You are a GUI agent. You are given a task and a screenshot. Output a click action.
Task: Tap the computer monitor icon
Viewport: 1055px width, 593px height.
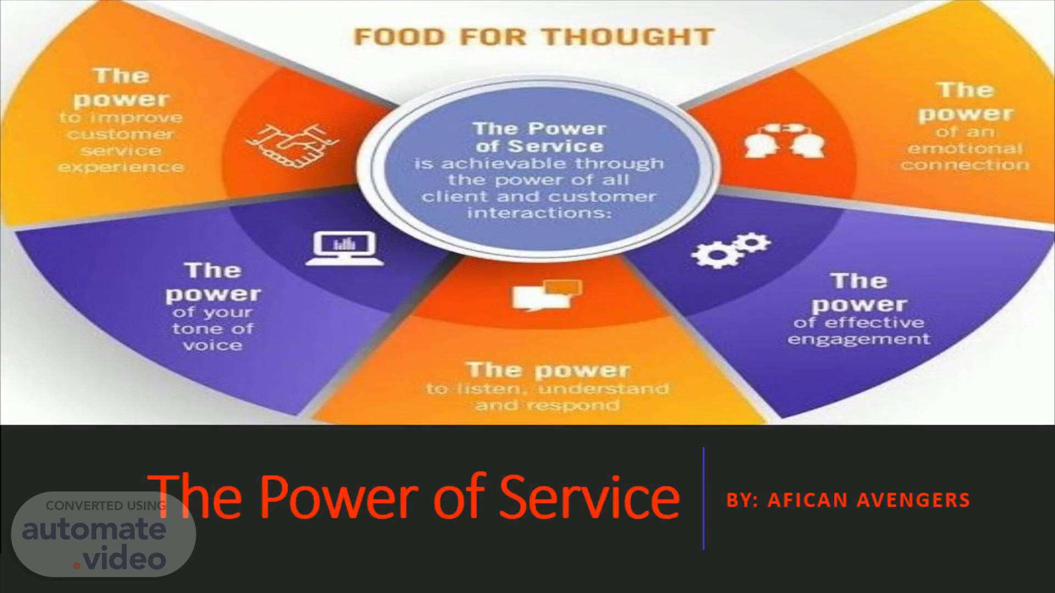pyautogui.click(x=345, y=248)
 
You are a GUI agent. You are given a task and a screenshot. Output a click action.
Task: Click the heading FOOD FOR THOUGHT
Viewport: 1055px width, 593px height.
pyautogui.click(x=534, y=37)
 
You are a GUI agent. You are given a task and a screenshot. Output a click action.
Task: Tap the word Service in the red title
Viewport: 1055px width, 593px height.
pyautogui.click(x=589, y=496)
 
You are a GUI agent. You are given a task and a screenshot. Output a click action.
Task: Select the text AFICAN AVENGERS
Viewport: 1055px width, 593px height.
pyautogui.click(x=868, y=500)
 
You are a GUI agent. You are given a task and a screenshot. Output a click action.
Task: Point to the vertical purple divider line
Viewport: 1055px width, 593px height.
pyautogui.click(x=703, y=498)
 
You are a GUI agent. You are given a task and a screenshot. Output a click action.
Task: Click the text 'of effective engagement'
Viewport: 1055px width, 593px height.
pyautogui.click(x=858, y=331)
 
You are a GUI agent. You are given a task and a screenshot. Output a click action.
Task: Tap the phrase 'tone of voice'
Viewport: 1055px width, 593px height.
pyautogui.click(x=212, y=337)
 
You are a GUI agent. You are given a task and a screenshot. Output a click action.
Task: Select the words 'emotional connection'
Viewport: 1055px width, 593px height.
pyautogui.click(x=965, y=156)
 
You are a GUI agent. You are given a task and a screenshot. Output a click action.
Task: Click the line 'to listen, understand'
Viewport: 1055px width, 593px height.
pyautogui.click(x=547, y=389)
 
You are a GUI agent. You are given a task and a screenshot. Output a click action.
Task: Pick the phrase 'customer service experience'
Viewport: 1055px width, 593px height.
pyautogui.click(x=121, y=150)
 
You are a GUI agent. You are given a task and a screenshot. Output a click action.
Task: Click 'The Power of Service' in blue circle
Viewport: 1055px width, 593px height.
pyautogui.click(x=538, y=137)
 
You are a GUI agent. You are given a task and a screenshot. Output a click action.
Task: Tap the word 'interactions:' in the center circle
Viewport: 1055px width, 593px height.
pyautogui.click(x=538, y=212)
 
